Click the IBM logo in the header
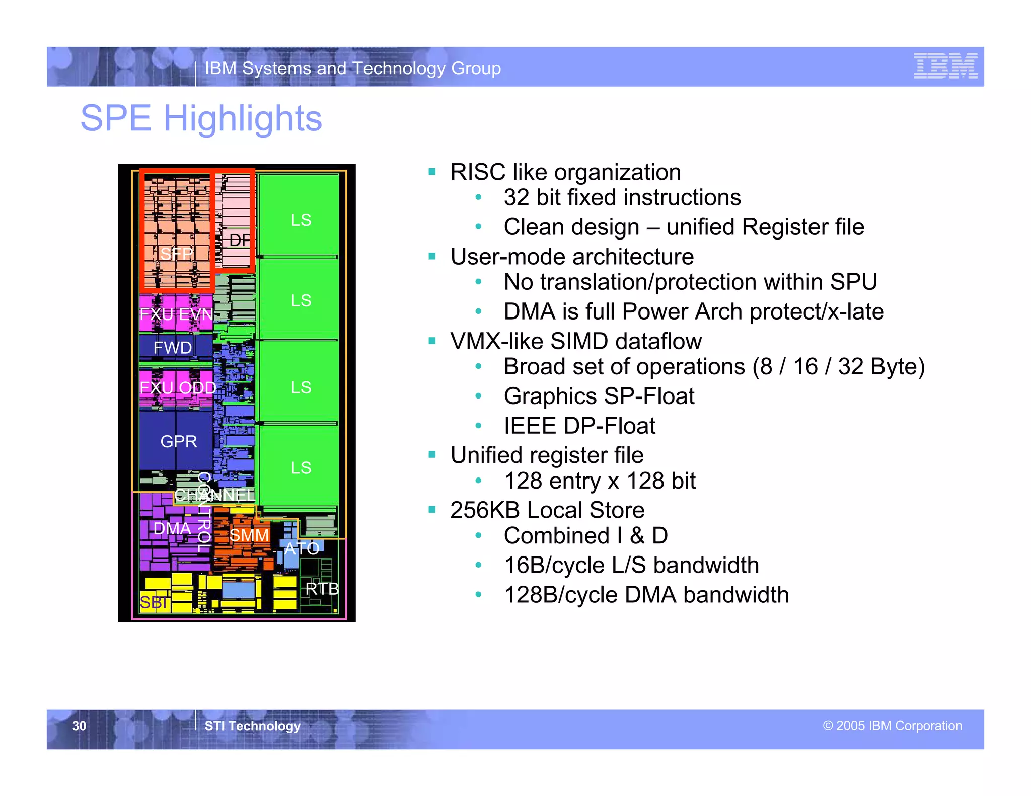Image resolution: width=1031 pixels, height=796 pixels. pos(945,66)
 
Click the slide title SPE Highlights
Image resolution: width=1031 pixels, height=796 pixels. pos(201,118)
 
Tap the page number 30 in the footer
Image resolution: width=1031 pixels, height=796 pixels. pos(79,726)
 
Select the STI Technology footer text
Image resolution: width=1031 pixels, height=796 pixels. pos(252,726)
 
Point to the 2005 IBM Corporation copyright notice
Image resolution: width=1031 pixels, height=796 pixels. pos(892,726)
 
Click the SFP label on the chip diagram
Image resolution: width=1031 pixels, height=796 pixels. pos(176,254)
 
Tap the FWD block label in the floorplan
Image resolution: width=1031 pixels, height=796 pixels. pos(172,348)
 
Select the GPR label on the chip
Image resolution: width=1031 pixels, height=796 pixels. pos(178,441)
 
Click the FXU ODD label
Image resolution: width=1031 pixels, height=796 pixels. pos(178,387)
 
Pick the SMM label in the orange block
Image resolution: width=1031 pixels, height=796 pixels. pos(249,535)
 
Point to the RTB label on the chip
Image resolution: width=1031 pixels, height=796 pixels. pos(322,589)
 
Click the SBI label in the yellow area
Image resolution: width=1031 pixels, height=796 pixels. pos(154,602)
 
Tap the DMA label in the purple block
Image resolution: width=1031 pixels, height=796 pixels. pos(172,528)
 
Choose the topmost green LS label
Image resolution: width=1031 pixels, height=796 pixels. pos(301,220)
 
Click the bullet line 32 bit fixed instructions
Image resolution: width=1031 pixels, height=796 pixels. pos(622,197)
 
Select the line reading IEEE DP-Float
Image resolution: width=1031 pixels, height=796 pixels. pos(579,426)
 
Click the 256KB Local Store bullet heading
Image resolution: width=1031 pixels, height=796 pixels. pos(547,510)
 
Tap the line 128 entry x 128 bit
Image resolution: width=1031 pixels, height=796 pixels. pos(600,481)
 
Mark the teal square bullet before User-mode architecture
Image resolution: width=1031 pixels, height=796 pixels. pos(432,256)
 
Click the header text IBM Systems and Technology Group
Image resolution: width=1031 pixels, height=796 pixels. pos(352,68)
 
